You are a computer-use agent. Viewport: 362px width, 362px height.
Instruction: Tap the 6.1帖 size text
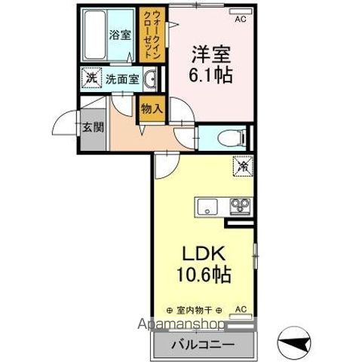210,75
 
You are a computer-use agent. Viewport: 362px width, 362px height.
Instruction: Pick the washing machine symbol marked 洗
90,78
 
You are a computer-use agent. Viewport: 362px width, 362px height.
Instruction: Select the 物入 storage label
152,108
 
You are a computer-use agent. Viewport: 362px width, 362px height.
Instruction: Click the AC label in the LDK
241,309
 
